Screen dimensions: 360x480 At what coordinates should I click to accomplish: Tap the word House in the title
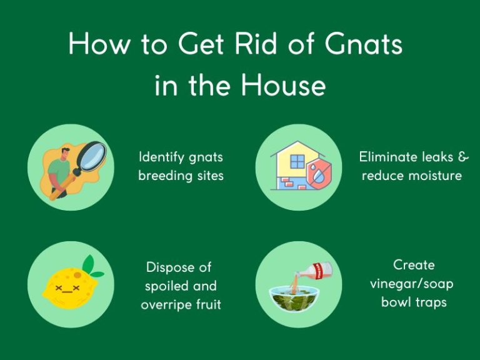284,84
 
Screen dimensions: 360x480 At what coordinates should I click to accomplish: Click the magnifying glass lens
89,156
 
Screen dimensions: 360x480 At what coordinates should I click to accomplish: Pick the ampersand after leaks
462,156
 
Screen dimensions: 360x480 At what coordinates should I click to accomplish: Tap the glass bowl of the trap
292,299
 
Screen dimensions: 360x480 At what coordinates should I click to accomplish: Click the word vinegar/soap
412,284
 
